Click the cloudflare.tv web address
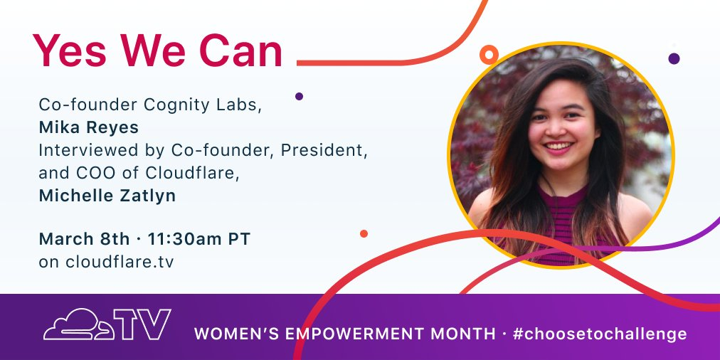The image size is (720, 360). click(x=107, y=261)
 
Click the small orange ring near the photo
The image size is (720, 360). click(x=488, y=54)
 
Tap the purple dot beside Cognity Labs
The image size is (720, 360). click(x=299, y=96)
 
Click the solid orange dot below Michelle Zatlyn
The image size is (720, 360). click(x=364, y=233)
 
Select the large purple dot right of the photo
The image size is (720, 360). click(x=674, y=58)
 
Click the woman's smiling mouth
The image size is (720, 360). click(x=559, y=147)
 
